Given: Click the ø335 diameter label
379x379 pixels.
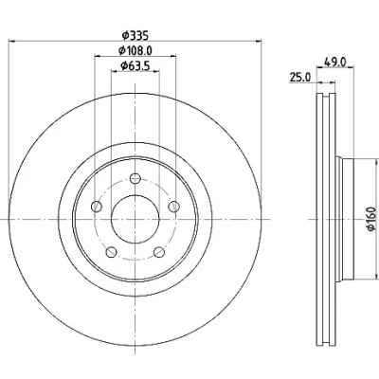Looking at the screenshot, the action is tap(135, 35).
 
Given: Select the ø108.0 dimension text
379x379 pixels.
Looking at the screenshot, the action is tap(135, 50).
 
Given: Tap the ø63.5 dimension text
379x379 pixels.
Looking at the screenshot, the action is tap(135, 65).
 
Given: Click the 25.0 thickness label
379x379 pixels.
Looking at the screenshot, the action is tap(300, 77).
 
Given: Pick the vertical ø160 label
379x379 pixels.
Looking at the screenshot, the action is tap(372, 219).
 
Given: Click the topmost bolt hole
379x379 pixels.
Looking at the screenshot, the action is tap(135, 179).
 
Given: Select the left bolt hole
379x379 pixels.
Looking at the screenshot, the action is tap(97, 207).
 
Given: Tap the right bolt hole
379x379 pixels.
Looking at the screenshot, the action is tap(173, 207).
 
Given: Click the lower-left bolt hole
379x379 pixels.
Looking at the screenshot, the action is tap(111, 252).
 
